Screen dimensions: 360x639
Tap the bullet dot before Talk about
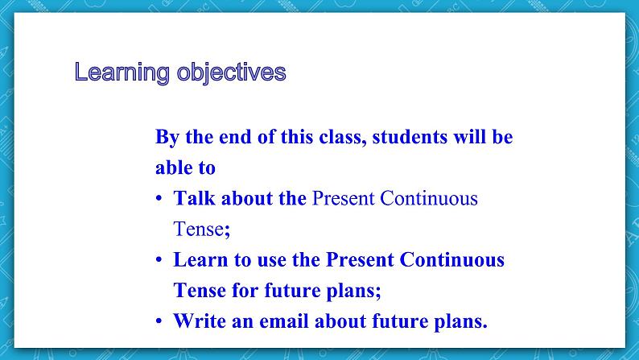(159, 199)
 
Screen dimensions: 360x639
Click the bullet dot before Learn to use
(159, 261)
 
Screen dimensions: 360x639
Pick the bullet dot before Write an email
(159, 322)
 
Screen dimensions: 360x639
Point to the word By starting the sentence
(167, 137)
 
